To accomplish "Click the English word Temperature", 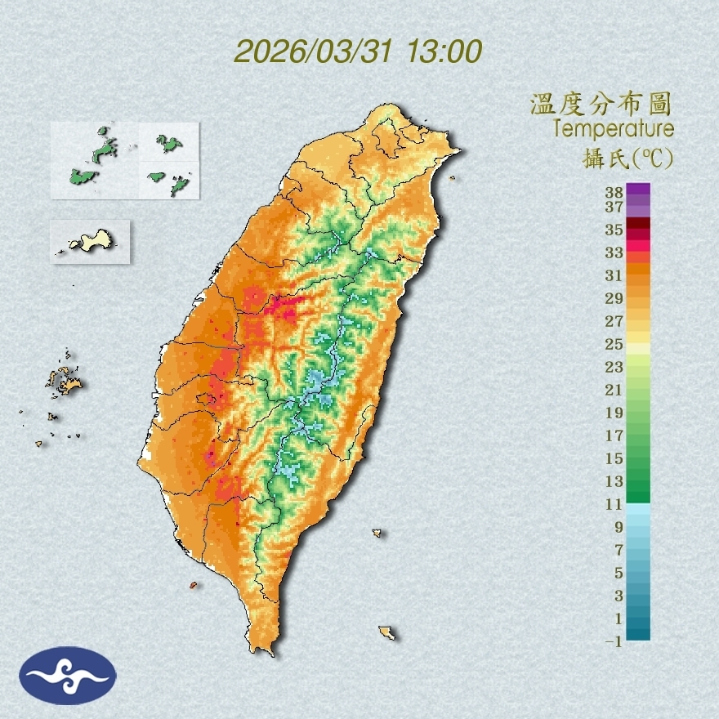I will tap(613, 129).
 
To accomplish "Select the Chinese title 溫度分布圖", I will tap(601, 104).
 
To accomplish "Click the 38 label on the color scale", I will tap(614, 194).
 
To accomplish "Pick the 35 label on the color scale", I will tap(614, 230).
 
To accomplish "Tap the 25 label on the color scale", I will tap(614, 344).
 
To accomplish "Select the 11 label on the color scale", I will tap(614, 504).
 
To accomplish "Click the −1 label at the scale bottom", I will tap(614, 642).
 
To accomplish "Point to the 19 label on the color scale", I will tap(614, 413).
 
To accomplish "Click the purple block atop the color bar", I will tap(639, 189).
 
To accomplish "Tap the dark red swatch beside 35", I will tap(639, 223).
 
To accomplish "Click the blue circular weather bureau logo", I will tap(69, 676).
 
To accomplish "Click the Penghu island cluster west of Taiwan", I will tap(65, 380).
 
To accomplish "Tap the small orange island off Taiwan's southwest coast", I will tap(194, 585).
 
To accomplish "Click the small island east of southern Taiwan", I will tap(377, 534).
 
